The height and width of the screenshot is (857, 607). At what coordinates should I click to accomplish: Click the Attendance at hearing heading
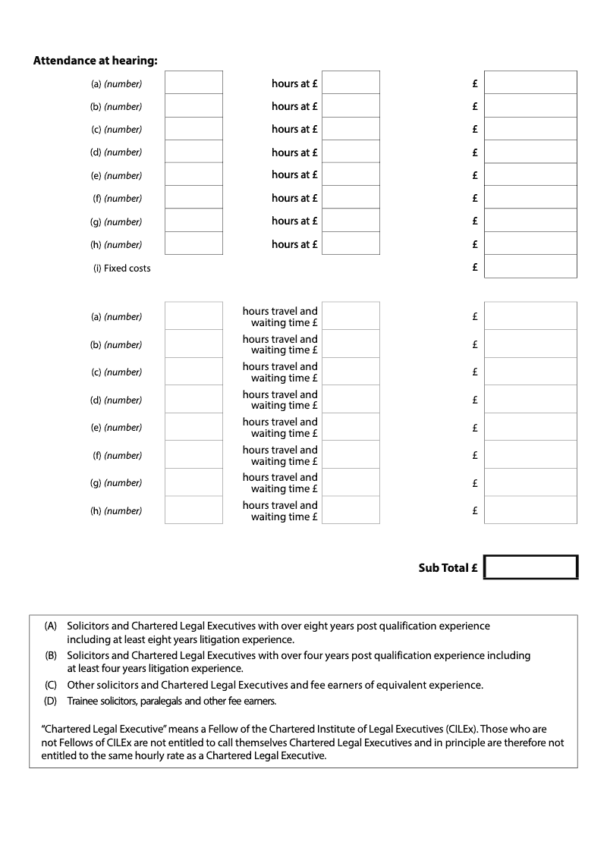(x=96, y=61)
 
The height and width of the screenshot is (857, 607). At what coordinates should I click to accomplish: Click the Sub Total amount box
(x=530, y=567)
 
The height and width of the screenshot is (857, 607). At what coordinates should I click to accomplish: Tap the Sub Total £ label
(x=448, y=568)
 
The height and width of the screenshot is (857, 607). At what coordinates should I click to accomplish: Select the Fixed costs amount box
(x=530, y=267)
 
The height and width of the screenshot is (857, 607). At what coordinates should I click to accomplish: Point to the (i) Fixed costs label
(x=121, y=268)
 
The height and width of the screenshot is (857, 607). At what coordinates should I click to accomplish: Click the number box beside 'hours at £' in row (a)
(x=193, y=83)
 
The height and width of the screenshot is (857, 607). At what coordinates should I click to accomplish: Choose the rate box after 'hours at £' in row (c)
(x=351, y=129)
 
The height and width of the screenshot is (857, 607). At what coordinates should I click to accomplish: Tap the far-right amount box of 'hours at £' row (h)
(x=530, y=243)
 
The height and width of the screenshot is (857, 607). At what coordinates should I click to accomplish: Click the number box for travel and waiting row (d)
(x=193, y=400)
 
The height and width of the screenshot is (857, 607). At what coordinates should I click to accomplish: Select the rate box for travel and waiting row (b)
(x=351, y=344)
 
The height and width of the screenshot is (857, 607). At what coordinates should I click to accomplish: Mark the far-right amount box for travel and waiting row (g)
(x=530, y=482)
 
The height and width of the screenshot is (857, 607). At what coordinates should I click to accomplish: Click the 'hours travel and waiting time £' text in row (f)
(x=280, y=455)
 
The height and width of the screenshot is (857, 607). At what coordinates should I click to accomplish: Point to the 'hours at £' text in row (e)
(x=294, y=174)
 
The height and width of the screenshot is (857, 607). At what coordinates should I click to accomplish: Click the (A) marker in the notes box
(x=51, y=626)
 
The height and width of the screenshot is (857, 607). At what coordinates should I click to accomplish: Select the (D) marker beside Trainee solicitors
(x=51, y=701)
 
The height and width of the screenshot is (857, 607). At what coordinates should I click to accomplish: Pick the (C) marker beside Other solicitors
(x=51, y=685)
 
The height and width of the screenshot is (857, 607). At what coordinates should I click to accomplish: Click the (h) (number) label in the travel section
(x=116, y=511)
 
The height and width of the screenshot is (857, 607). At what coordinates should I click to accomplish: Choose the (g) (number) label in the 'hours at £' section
(x=116, y=221)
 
